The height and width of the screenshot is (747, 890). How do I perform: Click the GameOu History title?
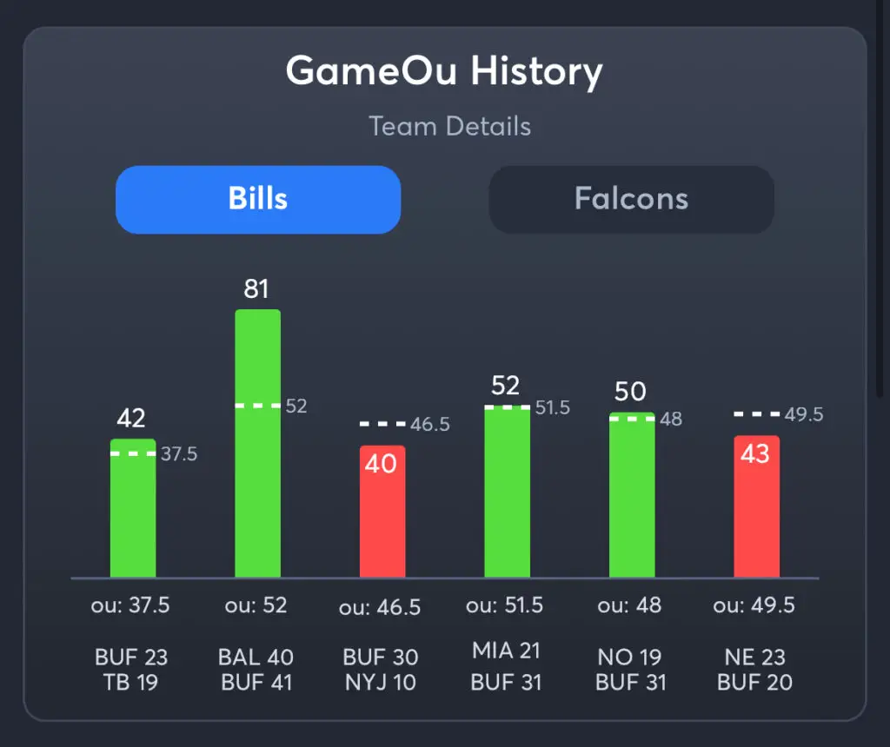click(x=444, y=71)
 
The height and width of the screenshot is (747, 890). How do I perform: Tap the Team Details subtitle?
click(x=449, y=126)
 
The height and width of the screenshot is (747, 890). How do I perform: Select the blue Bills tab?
click(x=258, y=199)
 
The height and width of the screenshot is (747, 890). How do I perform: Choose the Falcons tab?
click(x=631, y=199)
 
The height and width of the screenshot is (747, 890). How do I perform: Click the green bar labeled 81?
click(x=257, y=443)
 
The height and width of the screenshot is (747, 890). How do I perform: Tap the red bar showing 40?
click(x=382, y=512)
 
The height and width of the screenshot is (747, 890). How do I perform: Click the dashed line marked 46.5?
click(x=382, y=424)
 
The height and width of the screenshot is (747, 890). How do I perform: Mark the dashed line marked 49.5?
click(x=756, y=414)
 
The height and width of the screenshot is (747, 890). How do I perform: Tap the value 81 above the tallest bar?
click(x=256, y=288)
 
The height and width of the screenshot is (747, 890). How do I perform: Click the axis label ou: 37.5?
click(x=130, y=605)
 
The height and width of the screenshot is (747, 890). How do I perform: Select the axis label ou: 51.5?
click(x=505, y=605)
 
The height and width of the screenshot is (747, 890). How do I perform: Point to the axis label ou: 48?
click(x=630, y=605)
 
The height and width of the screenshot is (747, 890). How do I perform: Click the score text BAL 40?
click(x=256, y=657)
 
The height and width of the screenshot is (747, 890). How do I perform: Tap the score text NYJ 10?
click(x=381, y=683)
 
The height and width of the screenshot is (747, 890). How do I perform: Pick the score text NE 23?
click(x=755, y=657)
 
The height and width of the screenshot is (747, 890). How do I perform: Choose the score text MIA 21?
click(x=506, y=651)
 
